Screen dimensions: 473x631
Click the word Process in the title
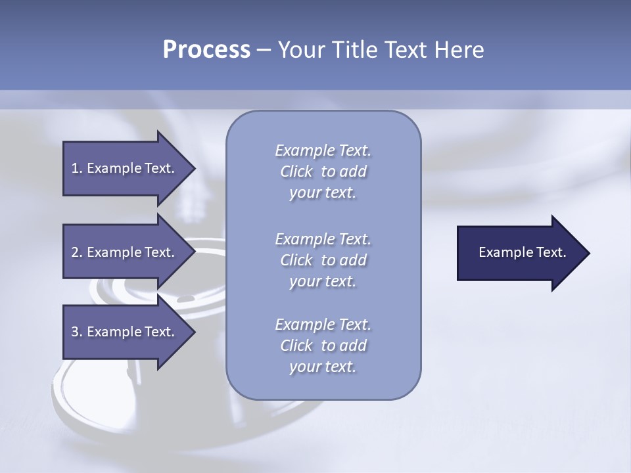click(206, 50)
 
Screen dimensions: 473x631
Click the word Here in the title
click(458, 50)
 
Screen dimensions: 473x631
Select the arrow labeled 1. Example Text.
click(122, 169)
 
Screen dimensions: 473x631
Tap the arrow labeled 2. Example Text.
click(122, 252)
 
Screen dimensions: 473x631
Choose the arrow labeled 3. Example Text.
click(122, 332)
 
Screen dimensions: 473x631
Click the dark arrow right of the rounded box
click(513, 253)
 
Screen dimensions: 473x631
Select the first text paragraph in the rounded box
click(323, 171)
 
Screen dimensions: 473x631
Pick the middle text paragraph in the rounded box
click(323, 260)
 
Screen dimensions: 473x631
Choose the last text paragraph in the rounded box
click(323, 346)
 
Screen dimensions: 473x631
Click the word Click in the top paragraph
click(296, 171)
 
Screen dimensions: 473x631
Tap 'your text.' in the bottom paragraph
click(323, 367)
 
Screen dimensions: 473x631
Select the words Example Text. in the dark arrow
click(522, 252)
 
